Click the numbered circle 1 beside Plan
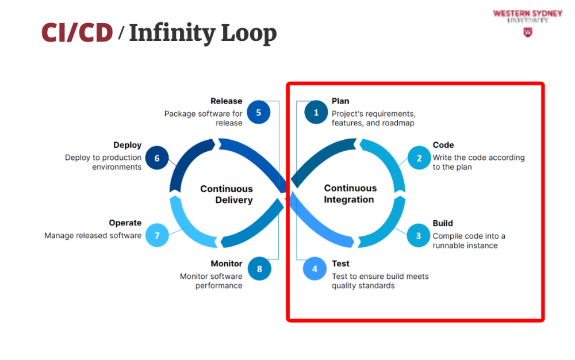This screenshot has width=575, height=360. (316, 113)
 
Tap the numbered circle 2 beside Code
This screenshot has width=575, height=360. (419, 158)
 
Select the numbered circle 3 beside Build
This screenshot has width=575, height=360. (419, 235)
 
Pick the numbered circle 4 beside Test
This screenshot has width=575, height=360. (315, 269)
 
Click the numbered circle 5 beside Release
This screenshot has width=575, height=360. (259, 112)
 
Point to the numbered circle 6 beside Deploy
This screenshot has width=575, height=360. (157, 158)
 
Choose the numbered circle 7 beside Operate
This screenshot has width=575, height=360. (157, 235)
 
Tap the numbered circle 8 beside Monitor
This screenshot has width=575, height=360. (259, 269)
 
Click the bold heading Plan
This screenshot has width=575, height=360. (340, 101)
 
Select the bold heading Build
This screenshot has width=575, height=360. (443, 223)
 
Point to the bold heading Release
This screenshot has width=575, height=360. (227, 101)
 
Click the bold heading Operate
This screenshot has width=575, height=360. (125, 223)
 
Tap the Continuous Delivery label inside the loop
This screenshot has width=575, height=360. (227, 194)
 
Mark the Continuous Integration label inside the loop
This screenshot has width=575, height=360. (350, 194)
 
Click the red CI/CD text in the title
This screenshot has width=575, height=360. (77, 33)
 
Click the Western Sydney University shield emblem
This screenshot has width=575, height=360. (527, 32)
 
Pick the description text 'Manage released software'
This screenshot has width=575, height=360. (93, 236)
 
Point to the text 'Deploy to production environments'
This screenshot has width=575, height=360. (103, 162)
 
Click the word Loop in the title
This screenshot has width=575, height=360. (250, 33)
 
